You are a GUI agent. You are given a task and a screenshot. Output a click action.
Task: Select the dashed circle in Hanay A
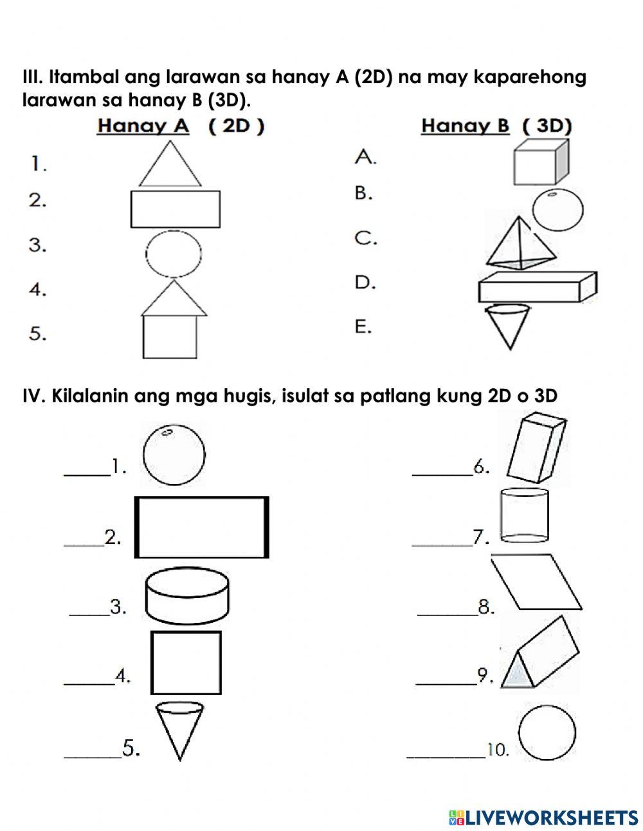tap(174, 253)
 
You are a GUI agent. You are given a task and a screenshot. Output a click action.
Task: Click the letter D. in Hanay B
tap(365, 283)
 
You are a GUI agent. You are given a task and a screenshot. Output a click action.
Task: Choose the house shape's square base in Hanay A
tap(170, 337)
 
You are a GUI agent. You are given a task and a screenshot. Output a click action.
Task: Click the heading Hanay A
tap(143, 126)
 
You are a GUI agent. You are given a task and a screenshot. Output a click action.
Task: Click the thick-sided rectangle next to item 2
tap(201, 527)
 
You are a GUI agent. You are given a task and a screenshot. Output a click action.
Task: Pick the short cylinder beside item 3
tap(188, 597)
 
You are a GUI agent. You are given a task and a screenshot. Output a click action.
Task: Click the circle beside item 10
tap(547, 733)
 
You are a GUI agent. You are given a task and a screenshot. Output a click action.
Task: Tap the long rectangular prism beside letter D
tap(537, 286)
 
